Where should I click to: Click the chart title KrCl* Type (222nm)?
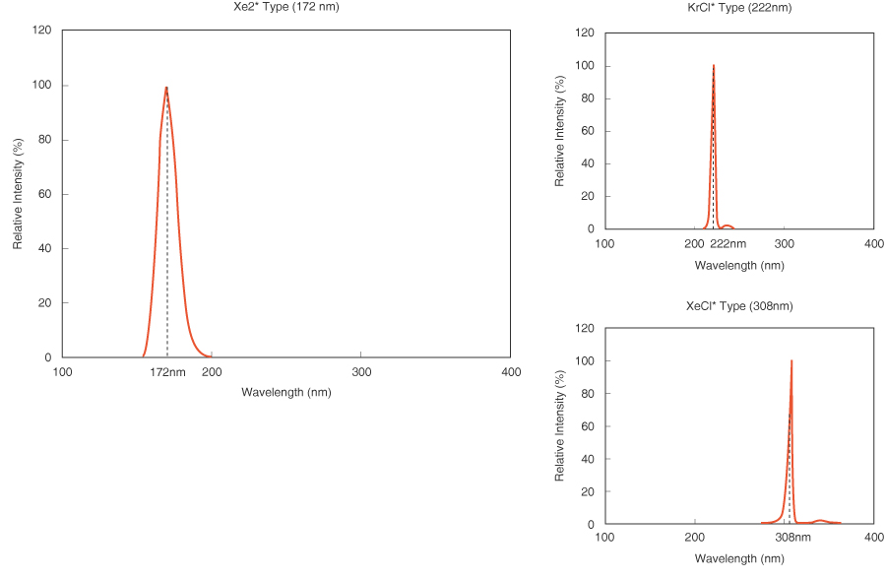tap(739, 8)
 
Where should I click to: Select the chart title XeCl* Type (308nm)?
tap(739, 306)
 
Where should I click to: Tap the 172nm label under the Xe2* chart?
tap(167, 372)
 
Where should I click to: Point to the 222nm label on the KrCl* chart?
tap(728, 243)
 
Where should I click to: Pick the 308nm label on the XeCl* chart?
tap(792, 538)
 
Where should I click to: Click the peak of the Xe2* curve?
tap(166, 88)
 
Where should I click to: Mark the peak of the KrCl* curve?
tap(714, 66)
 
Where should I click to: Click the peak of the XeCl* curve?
tap(791, 361)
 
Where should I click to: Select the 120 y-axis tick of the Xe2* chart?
tap(42, 31)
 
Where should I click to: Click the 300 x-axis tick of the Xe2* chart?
tap(361, 372)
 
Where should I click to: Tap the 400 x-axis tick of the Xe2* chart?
tap(511, 372)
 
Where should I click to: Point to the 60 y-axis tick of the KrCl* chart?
tap(587, 131)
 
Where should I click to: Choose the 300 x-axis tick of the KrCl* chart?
tap(785, 243)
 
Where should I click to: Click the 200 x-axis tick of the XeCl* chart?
tap(695, 538)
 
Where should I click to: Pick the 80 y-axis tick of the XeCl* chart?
tap(587, 394)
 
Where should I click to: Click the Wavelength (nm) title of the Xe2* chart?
tap(285, 392)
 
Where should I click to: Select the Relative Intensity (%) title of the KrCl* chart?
tap(560, 131)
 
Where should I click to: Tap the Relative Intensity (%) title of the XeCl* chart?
tap(560, 425)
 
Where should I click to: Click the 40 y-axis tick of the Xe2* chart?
tap(45, 248)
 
